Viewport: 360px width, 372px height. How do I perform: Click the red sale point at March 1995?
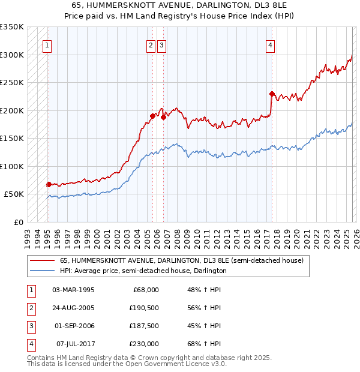pyautogui.click(x=49, y=184)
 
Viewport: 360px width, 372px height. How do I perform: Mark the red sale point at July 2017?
pyautogui.click(x=272, y=94)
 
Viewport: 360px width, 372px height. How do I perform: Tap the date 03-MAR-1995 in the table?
pyautogui.click(x=74, y=290)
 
